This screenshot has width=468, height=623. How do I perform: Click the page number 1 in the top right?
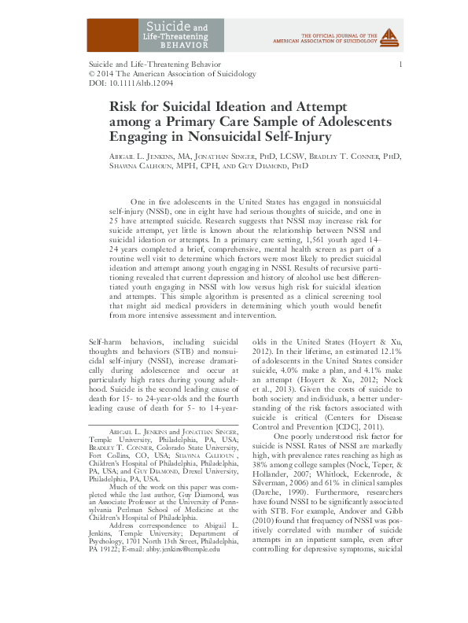pos(402,64)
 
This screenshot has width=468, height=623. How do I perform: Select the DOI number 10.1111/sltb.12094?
pos(137,83)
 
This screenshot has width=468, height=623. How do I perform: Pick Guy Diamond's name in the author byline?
pos(263,167)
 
